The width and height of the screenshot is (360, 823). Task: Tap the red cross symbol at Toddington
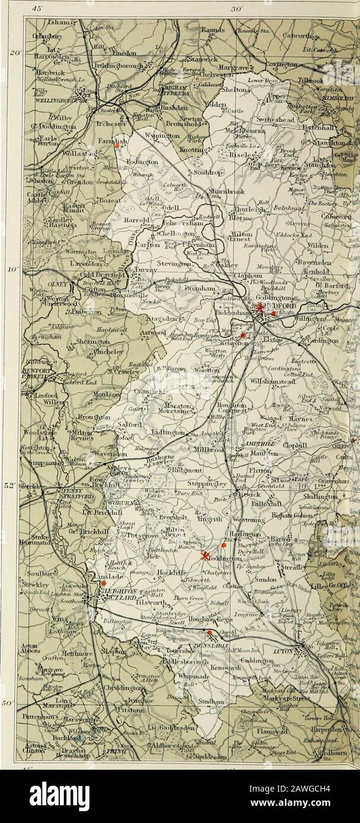click(205, 555)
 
